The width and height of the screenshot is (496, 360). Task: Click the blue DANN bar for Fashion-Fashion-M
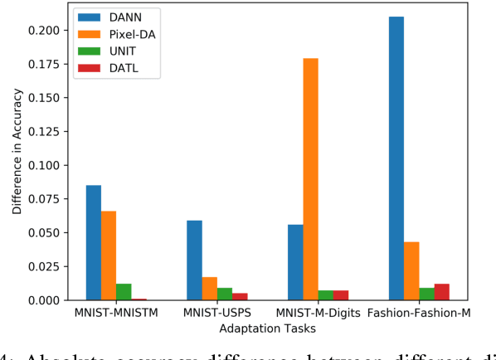pos(396,158)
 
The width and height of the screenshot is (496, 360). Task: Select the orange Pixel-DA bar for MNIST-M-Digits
pos(310,179)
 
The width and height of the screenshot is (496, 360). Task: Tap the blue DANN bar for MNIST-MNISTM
pos(94,242)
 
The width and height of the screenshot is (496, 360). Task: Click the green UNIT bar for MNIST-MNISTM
pos(124,292)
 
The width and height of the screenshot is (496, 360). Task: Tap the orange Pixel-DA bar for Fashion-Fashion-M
pos(411,271)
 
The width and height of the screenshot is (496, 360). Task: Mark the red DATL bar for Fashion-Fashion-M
pos(440,292)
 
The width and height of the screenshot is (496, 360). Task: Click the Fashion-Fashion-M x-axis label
pos(419,314)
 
